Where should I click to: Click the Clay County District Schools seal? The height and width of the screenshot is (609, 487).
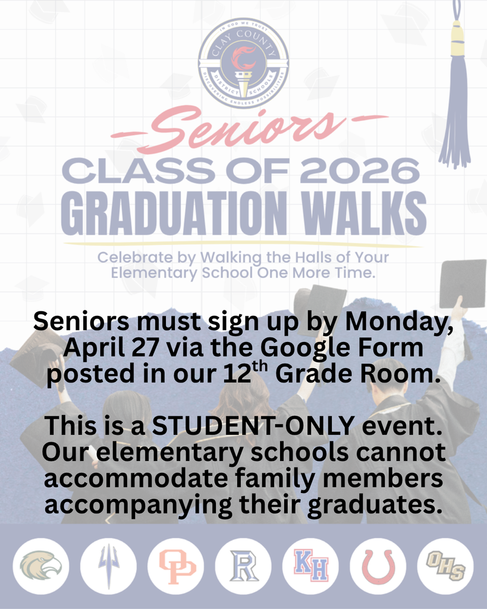coord(243,62)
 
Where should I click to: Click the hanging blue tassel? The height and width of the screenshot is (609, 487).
coord(455,107)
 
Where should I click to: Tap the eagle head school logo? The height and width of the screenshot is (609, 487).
coord(41,566)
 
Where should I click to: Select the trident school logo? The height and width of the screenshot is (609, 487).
coord(108,566)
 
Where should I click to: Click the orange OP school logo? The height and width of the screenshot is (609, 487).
coord(176,566)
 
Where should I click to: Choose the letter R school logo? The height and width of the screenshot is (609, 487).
coord(243,566)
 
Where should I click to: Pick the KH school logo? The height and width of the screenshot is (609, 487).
coord(310,566)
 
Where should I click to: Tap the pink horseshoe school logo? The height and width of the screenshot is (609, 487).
coord(378,566)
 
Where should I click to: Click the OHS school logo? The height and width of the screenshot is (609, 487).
coord(445,566)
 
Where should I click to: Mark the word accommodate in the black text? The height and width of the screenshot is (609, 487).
coord(129,479)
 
